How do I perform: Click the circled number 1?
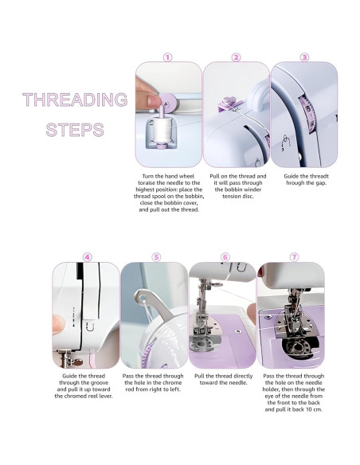click(167, 57)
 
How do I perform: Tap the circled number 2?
click(236, 57)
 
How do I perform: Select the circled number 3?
click(304, 57)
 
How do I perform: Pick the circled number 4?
click(87, 257)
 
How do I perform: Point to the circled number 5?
click(156, 257)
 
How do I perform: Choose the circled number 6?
click(225, 257)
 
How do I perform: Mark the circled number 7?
click(294, 257)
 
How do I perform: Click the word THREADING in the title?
click(75, 100)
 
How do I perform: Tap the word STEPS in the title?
click(75, 130)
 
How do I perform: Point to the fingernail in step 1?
click(155, 101)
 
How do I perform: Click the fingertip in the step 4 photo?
click(58, 325)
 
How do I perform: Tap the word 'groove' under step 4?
click(98, 383)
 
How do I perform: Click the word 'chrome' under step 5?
click(172, 383)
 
